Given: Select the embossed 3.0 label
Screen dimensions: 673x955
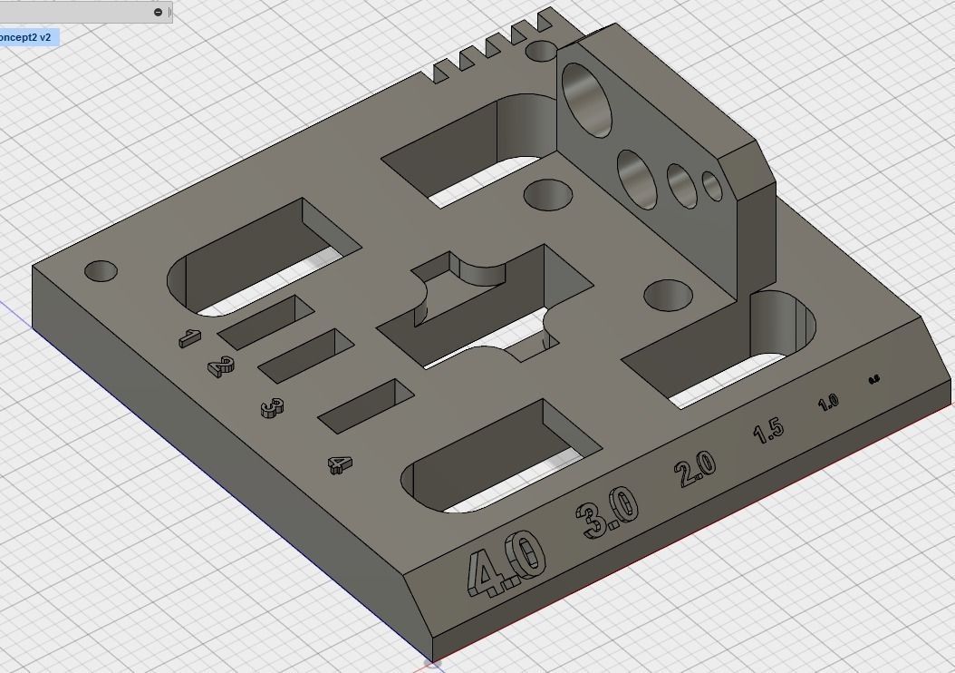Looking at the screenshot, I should coord(607,511).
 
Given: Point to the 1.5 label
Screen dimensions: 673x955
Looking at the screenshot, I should coord(768,430).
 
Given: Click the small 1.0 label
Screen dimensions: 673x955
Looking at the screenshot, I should coord(828,402).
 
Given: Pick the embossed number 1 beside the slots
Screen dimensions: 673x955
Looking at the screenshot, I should coord(188,338).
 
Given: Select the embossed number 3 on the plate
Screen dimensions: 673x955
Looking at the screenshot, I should coord(272,409).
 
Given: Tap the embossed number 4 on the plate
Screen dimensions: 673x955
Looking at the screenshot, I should coord(340,465).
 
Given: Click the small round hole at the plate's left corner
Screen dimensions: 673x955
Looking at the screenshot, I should coord(101,270).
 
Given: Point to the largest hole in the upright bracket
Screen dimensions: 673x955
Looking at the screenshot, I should coord(587,99).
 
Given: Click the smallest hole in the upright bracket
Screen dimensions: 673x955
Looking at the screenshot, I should coord(712,186).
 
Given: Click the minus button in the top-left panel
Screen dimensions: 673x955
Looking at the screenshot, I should coord(158,12).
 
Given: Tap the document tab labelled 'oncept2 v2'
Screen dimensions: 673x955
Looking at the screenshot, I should coord(27,37).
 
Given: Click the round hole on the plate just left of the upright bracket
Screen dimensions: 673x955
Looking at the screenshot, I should coord(548,194).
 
